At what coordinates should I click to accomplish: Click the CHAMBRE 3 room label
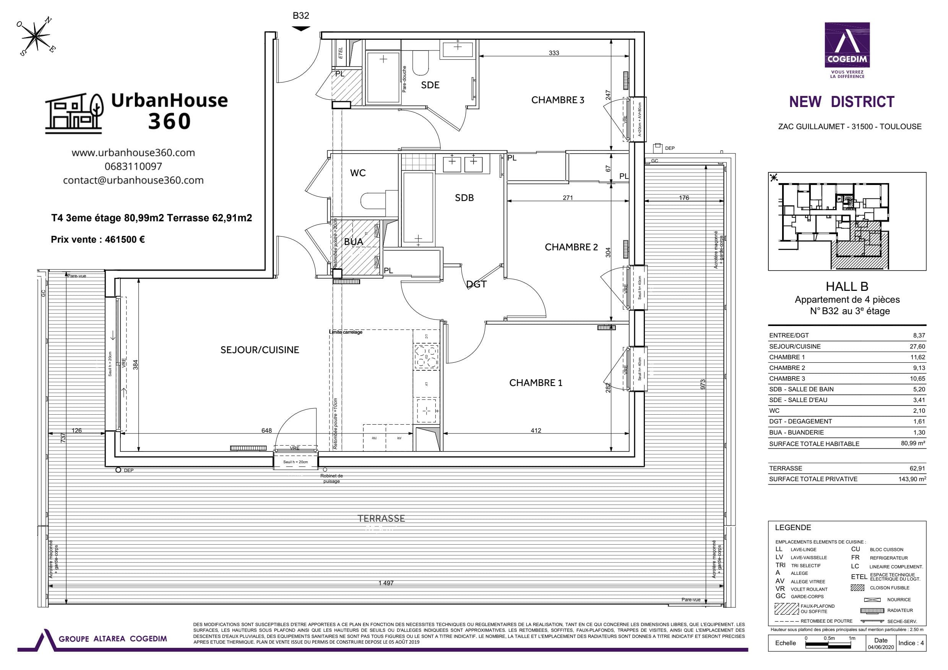tap(557, 100)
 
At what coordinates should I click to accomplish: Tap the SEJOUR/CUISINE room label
tap(259, 350)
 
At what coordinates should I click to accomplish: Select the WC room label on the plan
tap(357, 173)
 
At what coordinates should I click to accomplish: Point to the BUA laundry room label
tap(354, 242)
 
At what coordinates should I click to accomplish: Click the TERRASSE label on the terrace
tap(381, 519)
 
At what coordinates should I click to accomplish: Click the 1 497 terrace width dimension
tap(386, 583)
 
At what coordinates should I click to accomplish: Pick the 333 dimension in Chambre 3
tap(554, 53)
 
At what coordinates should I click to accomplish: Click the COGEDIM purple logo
tap(847, 45)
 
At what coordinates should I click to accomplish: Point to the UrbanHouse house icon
tap(74, 113)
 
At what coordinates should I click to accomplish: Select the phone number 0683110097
tap(133, 166)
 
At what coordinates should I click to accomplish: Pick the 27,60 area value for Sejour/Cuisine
tap(917, 346)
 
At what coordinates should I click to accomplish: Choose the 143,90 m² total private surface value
tap(913, 479)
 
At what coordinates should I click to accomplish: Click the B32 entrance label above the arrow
tap(300, 16)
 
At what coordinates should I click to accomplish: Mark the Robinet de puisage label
tap(331, 478)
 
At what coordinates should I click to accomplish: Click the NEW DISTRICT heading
tap(841, 102)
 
